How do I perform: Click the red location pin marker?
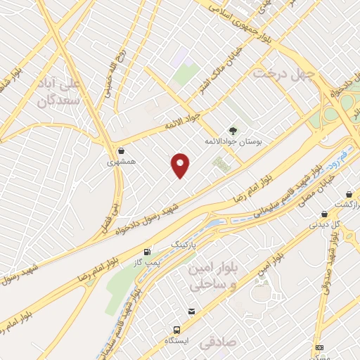pos(181,165)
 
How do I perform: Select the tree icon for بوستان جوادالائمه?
pos(233,130)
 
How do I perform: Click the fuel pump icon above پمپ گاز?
pos(147,252)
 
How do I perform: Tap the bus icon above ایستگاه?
pos(176,329)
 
